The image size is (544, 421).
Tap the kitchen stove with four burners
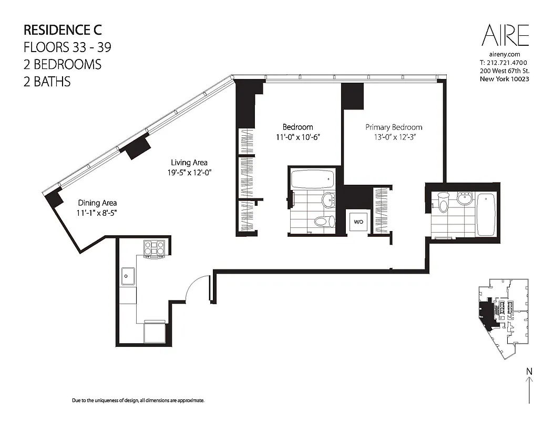[x=154, y=248]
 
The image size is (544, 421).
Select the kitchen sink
[x=128, y=275]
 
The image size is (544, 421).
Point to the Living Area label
[x=189, y=163]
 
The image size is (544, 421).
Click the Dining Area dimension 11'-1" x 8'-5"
[x=97, y=213]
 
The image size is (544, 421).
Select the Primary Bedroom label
[x=394, y=127]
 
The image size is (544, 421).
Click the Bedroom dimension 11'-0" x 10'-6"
[x=297, y=137]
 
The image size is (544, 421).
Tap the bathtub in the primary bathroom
[x=486, y=215]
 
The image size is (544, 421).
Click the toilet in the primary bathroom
[x=443, y=203]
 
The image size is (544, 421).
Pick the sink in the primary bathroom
[x=464, y=199]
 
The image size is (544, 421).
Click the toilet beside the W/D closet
[x=324, y=221]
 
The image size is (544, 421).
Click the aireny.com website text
[x=504, y=54]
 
